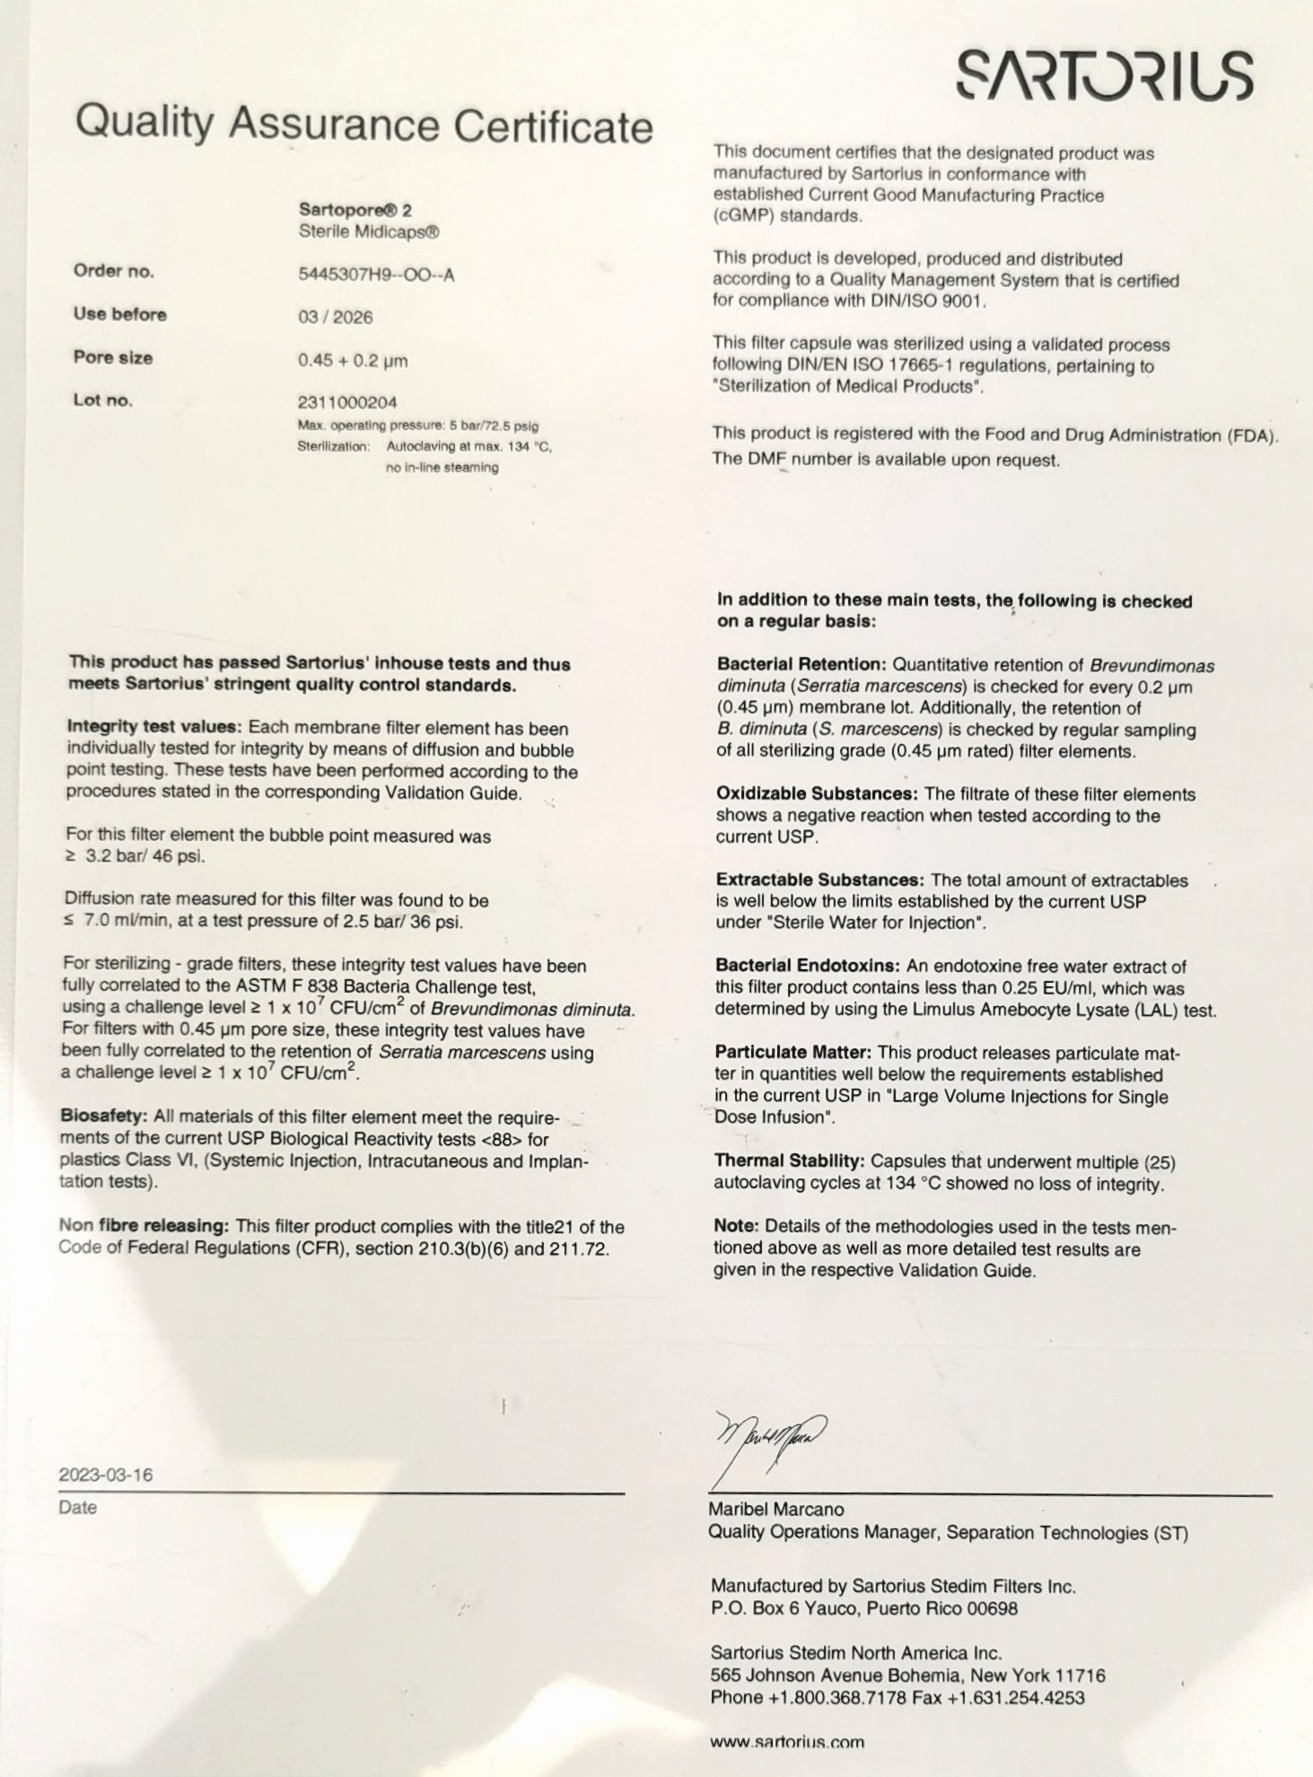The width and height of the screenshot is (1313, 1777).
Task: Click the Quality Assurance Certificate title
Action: click(363, 125)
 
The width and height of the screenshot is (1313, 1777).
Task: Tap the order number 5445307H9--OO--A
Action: click(376, 275)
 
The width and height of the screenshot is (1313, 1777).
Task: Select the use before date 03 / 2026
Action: click(335, 318)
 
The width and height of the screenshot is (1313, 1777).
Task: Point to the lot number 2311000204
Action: click(347, 402)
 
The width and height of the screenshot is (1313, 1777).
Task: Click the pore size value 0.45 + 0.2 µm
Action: click(353, 361)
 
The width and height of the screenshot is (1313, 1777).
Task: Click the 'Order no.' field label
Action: click(114, 271)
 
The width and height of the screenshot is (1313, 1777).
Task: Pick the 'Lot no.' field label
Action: click(103, 400)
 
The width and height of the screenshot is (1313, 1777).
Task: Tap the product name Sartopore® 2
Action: click(355, 210)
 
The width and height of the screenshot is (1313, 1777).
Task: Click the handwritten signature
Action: click(770, 1437)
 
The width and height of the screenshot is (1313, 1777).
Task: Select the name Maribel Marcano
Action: click(776, 1510)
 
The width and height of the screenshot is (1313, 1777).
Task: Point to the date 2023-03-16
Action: click(106, 1475)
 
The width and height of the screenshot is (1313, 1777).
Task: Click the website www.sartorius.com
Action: click(787, 1742)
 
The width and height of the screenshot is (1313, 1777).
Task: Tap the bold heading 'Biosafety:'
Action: click(104, 1116)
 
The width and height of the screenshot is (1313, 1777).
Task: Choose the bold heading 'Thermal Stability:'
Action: click(789, 1161)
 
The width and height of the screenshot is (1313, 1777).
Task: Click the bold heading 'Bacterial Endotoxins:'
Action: click(807, 966)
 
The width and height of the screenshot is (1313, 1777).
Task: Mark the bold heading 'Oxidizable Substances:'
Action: click(816, 793)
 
